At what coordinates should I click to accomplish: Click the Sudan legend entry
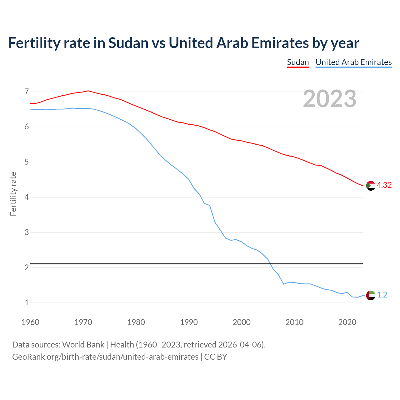(x=298, y=62)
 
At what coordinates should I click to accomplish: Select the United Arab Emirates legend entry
(x=353, y=62)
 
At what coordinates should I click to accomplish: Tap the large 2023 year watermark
(x=329, y=99)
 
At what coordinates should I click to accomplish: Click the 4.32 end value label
(x=384, y=185)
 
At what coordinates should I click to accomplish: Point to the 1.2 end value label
(x=382, y=295)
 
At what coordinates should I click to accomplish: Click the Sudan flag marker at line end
(x=371, y=186)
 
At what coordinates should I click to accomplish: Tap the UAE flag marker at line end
(x=371, y=295)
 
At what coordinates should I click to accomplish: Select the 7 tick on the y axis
(x=27, y=92)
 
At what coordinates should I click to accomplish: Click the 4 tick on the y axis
(x=27, y=197)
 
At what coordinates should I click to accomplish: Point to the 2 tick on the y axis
(x=27, y=268)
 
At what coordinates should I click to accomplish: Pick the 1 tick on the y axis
(x=27, y=303)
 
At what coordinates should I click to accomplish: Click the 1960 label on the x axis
(x=30, y=322)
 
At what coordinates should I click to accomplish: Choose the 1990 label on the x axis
(x=189, y=322)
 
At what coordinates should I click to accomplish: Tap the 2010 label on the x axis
(x=294, y=322)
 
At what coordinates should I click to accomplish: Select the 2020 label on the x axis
(x=347, y=322)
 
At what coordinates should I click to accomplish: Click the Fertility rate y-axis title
(x=13, y=194)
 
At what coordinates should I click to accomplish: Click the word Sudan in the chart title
(x=128, y=43)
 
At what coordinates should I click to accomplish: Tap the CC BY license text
(x=216, y=357)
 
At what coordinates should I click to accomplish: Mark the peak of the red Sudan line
(x=88, y=91)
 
